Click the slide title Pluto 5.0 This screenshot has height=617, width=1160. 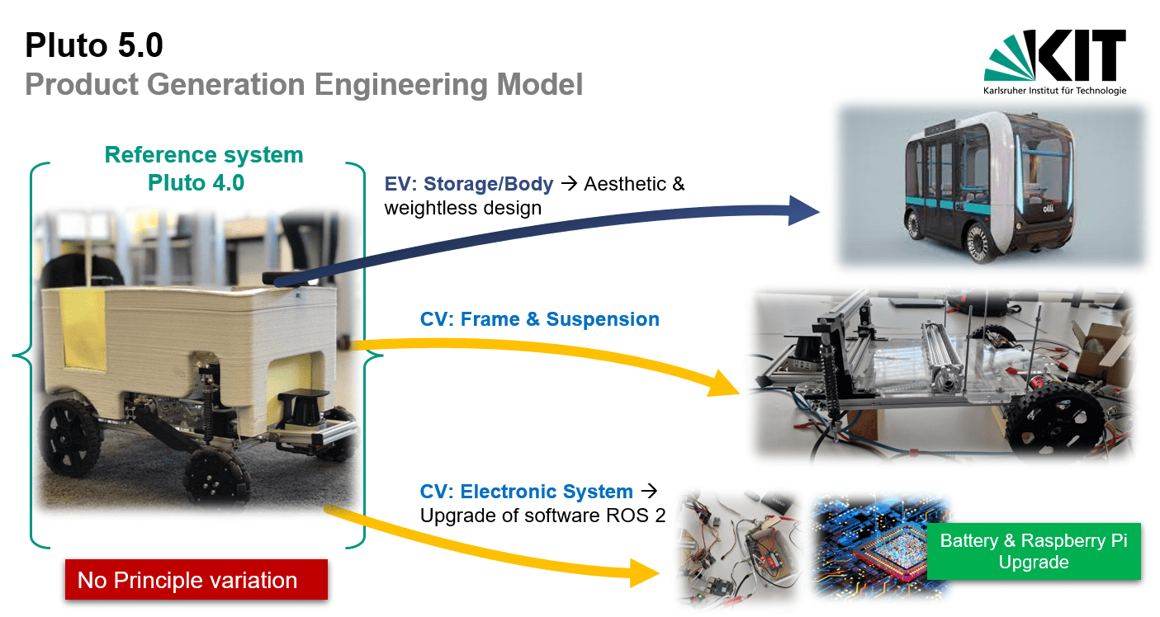(x=94, y=45)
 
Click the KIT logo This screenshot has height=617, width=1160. (x=1055, y=62)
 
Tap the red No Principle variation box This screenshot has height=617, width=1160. (x=196, y=580)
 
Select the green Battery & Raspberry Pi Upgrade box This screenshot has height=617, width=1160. (x=1034, y=551)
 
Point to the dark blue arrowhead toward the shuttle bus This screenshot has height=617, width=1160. (x=803, y=210)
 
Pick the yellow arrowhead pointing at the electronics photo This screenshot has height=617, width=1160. (x=644, y=572)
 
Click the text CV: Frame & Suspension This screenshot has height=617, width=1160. (x=540, y=319)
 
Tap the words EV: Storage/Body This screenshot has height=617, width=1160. (x=469, y=184)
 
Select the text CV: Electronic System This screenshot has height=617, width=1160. (x=526, y=492)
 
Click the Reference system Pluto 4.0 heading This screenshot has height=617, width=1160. (x=204, y=168)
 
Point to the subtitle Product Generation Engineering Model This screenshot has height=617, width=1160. (x=304, y=84)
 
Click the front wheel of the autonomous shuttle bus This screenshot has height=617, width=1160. (x=978, y=241)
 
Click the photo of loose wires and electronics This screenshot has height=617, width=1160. (x=737, y=549)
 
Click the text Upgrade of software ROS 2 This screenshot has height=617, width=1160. (x=542, y=516)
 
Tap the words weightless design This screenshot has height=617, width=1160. (x=463, y=208)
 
